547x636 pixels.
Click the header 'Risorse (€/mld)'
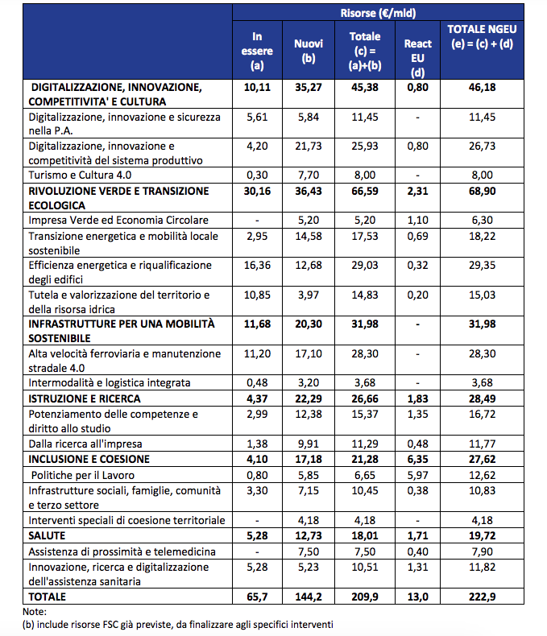click(x=378, y=14)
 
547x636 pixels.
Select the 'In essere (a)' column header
click(x=257, y=51)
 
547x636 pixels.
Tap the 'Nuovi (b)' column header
click(x=309, y=51)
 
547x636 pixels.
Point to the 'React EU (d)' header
click(x=417, y=58)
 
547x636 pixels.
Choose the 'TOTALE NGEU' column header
click(x=482, y=29)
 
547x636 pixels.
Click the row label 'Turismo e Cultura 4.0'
click(x=80, y=175)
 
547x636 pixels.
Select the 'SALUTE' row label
click(x=47, y=535)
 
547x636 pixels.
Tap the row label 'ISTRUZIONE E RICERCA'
click(x=85, y=399)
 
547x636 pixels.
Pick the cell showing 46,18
click(x=482, y=87)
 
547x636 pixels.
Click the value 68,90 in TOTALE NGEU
click(x=482, y=191)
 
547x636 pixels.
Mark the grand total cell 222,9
click(x=482, y=597)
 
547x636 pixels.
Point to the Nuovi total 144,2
click(x=309, y=597)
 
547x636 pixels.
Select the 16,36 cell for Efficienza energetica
click(x=257, y=266)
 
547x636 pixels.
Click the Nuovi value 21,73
click(x=309, y=146)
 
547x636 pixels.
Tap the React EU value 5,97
click(x=417, y=475)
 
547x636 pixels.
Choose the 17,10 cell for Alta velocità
click(x=309, y=353)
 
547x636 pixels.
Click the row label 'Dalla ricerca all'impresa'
click(x=85, y=444)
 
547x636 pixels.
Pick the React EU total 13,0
click(x=417, y=597)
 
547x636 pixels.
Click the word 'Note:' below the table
click(x=35, y=611)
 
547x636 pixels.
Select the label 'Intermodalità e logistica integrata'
click(x=109, y=382)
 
